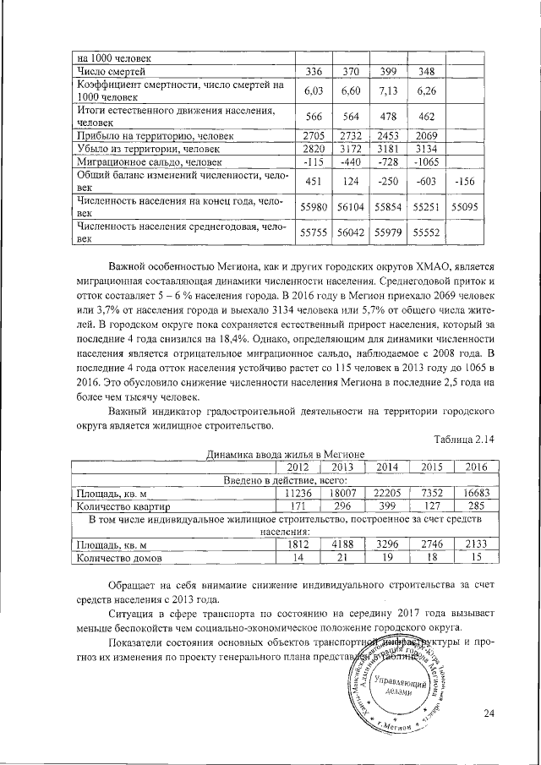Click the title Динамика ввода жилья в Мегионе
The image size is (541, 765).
point(285,454)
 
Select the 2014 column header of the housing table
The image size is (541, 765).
point(387,466)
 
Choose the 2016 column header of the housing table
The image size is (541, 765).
point(476,466)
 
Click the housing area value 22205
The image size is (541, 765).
point(387,492)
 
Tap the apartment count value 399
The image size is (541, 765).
point(387,506)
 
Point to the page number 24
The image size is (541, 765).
point(488,714)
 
